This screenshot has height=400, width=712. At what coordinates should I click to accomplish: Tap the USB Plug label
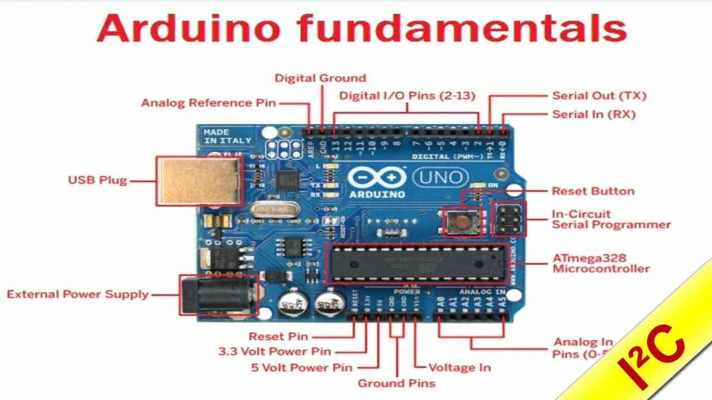tap(97, 180)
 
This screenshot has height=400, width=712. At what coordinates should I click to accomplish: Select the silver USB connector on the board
tap(200, 181)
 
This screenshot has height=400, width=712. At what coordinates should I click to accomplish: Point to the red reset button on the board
tap(461, 222)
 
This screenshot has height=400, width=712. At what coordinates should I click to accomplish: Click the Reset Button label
tap(593, 191)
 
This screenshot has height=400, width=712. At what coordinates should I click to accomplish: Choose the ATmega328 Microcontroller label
tap(601, 263)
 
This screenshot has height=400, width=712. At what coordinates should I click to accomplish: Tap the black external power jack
tap(219, 294)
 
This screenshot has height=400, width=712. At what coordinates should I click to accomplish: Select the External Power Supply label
tap(77, 294)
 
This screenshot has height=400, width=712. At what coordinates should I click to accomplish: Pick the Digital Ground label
tap(320, 78)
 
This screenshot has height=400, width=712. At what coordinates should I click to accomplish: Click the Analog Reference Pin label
tap(208, 103)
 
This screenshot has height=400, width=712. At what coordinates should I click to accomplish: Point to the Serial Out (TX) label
tap(599, 96)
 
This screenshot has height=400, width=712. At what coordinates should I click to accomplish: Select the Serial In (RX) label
tap(594, 114)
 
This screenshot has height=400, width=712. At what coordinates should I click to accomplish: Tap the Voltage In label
tap(459, 367)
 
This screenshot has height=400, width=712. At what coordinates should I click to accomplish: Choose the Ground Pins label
tap(396, 383)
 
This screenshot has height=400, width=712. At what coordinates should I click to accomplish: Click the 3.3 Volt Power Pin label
tap(274, 351)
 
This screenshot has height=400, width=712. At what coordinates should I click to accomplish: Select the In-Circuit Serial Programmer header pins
tap(508, 218)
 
